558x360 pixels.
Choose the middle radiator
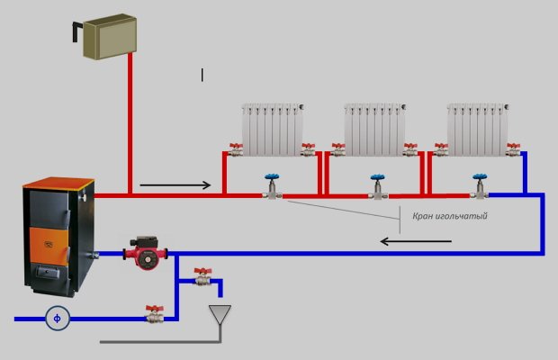[374, 128]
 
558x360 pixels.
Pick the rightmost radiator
[477, 128]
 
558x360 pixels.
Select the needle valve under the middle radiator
[376, 189]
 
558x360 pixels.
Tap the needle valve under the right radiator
[480, 188]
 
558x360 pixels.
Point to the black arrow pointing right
[175, 186]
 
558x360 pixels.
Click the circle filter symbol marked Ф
[58, 318]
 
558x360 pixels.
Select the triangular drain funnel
[219, 315]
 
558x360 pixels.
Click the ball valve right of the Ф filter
[156, 315]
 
